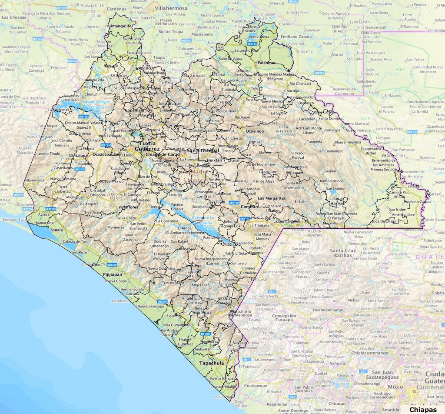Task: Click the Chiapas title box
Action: pos(422,409)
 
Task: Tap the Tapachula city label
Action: pos(212,363)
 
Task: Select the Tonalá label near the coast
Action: pos(56,230)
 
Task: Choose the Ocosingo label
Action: pos(255,131)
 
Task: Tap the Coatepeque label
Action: pos(256,385)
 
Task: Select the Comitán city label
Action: pos(249,207)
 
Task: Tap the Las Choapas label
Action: pos(14,17)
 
